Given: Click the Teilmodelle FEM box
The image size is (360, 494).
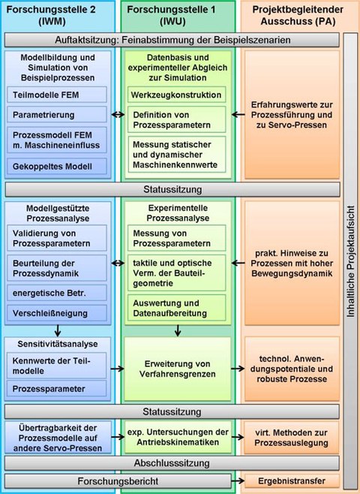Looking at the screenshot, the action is (x=57, y=95).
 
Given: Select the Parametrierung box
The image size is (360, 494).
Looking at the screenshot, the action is (x=57, y=115).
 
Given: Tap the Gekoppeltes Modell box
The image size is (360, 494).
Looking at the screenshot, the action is (x=57, y=167).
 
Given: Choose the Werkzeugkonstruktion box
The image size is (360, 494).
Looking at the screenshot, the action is (x=176, y=95).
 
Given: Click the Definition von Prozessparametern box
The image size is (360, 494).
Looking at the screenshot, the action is (x=176, y=119).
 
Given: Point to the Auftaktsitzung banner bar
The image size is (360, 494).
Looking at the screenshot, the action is (x=172, y=40).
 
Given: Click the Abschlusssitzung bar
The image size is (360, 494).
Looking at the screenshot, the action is (x=172, y=463).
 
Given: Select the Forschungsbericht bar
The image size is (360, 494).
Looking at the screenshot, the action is (x=118, y=481).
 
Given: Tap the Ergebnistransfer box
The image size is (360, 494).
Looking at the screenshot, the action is (x=292, y=481).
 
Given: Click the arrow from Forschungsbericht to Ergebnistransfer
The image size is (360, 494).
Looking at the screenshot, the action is (x=238, y=481).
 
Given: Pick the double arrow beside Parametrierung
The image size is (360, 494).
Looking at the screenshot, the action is (x=118, y=115).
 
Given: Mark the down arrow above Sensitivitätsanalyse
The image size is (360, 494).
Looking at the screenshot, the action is (x=57, y=330).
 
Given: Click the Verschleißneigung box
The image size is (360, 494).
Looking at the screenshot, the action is (x=57, y=313).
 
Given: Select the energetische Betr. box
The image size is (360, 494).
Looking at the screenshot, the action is (x=57, y=293).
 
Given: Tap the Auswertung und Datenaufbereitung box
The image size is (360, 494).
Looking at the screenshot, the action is (x=176, y=308).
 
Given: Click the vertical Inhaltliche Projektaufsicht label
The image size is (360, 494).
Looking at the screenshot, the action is (x=351, y=261).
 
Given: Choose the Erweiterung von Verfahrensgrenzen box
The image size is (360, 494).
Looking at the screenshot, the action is (x=178, y=369).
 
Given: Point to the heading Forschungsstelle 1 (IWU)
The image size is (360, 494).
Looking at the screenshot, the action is (x=172, y=15).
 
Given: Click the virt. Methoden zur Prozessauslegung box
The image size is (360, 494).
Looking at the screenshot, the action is (x=292, y=438).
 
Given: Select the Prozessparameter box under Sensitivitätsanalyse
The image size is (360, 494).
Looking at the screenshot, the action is (x=57, y=389).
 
